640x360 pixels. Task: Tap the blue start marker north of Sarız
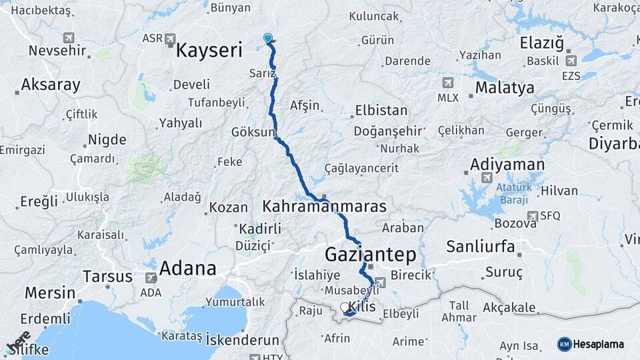268,39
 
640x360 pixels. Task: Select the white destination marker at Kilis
345,307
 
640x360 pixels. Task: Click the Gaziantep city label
370,254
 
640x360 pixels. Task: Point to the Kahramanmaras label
325,206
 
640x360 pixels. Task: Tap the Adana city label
187,268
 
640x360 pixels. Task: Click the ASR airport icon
170,38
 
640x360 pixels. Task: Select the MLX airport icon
447,83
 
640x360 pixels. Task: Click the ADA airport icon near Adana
151,277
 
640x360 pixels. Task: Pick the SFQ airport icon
532,216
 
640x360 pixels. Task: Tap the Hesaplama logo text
598,344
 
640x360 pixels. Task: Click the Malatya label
505,87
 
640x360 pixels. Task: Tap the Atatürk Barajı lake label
513,193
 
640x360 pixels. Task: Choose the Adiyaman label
507,164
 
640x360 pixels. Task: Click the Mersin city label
50,292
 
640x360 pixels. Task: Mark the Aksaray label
51,85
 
